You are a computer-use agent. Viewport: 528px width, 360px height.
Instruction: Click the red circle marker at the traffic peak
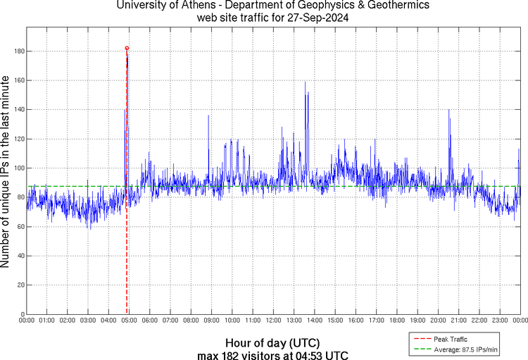(127, 48)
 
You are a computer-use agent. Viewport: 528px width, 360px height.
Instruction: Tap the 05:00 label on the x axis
(130, 321)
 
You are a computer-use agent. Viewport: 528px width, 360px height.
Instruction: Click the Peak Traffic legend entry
(450, 340)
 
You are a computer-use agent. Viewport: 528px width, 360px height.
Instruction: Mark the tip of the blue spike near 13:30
(305, 82)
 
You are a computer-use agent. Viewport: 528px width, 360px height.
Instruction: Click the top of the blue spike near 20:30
(449, 109)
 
